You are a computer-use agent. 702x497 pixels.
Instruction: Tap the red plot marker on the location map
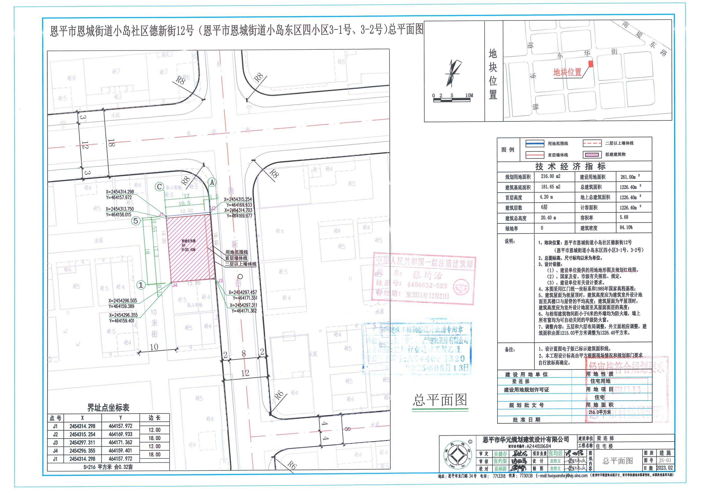(x=591, y=64)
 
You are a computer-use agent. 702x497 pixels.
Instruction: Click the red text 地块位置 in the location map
(x=567, y=72)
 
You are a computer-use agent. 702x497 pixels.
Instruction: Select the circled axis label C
(x=159, y=186)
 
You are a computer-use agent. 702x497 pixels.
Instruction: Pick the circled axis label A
(x=212, y=182)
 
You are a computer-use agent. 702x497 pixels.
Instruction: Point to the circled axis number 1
(x=141, y=285)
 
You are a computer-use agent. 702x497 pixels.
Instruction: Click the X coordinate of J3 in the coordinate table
(x=82, y=443)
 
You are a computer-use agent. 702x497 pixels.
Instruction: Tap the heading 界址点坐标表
(x=108, y=408)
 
